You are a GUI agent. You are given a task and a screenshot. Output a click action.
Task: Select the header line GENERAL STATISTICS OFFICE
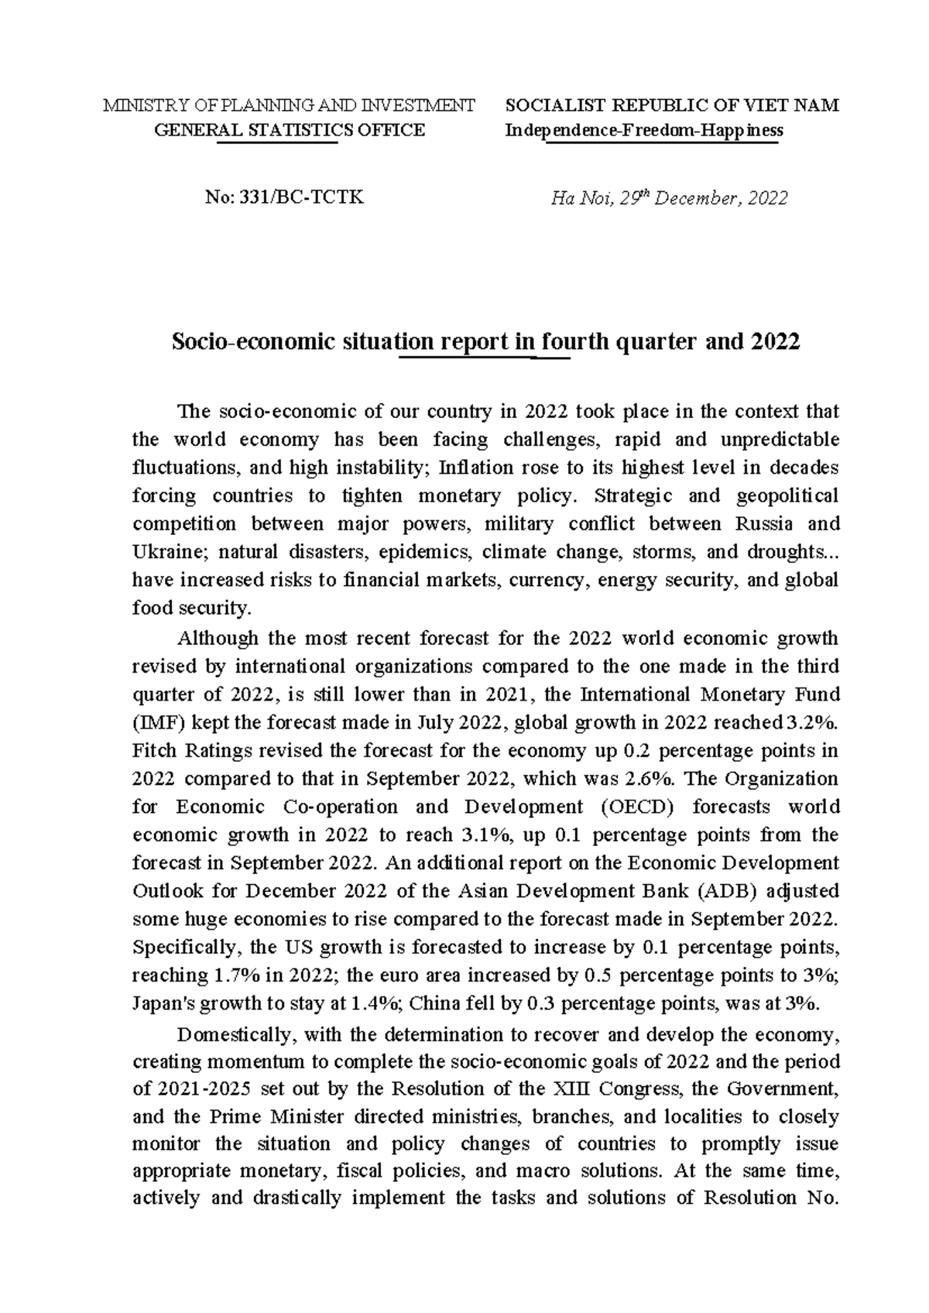pyautogui.click(x=290, y=130)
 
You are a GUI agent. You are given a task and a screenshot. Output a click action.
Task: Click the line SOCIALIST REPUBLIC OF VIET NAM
pyautogui.click(x=671, y=106)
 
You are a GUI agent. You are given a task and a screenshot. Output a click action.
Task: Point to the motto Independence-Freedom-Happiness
pyautogui.click(x=643, y=130)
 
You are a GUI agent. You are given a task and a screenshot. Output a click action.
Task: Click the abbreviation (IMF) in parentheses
pyautogui.click(x=153, y=722)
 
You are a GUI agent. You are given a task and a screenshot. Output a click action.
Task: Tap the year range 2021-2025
pyautogui.click(x=204, y=1088)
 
